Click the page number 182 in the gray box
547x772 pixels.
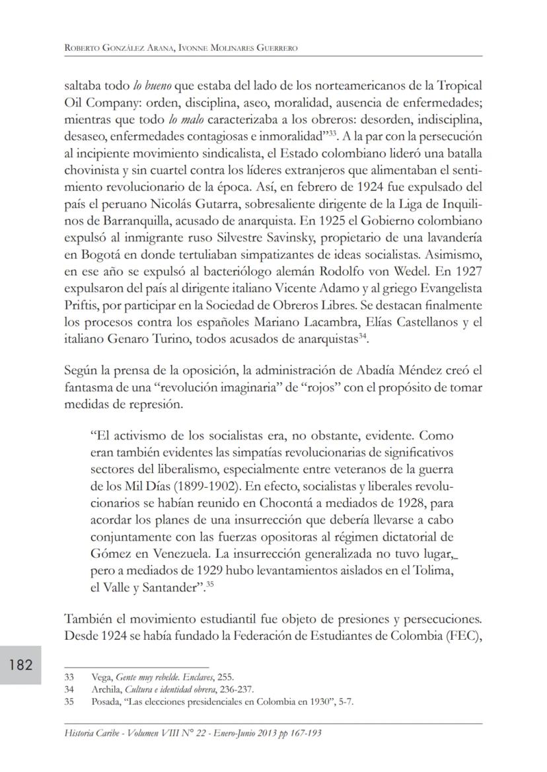point(21,664)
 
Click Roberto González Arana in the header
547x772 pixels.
point(112,47)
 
